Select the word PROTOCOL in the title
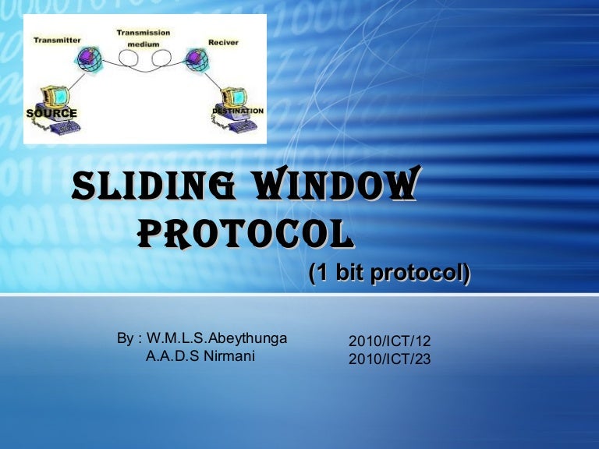242,232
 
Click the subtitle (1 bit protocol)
389,274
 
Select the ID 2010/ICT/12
389,341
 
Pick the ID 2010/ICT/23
389,359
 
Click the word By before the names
126,338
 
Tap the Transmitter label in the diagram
56,40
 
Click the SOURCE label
51,113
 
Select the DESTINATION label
238,111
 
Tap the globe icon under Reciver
193,57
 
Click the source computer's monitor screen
59,95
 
